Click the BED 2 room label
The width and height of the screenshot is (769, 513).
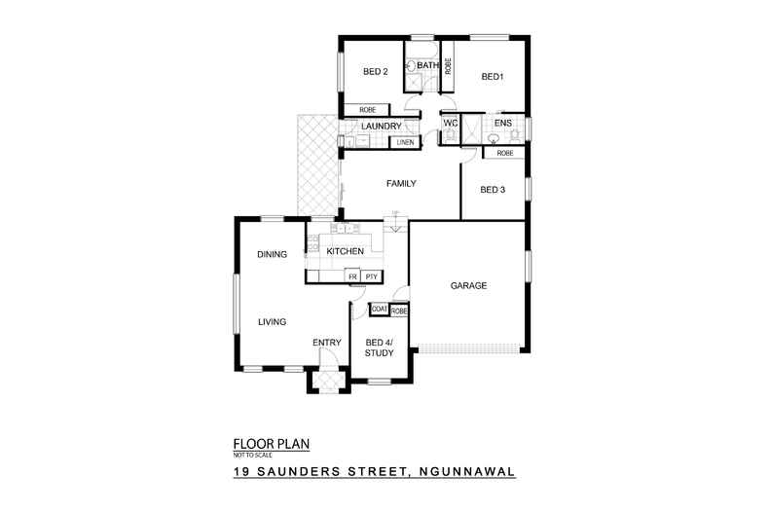pyautogui.click(x=376, y=71)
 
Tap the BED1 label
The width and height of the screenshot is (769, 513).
pyautogui.click(x=491, y=76)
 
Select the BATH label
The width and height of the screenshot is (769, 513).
pyautogui.click(x=426, y=65)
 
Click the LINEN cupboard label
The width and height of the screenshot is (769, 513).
pyautogui.click(x=404, y=143)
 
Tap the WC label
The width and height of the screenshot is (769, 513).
pyautogui.click(x=450, y=125)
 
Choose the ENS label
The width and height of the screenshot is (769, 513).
pyautogui.click(x=503, y=125)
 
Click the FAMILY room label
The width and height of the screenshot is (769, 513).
pyautogui.click(x=401, y=183)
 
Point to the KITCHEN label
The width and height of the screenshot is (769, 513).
pyautogui.click(x=345, y=252)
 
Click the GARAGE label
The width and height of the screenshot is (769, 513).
pyautogui.click(x=467, y=285)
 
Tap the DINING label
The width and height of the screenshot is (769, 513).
pyautogui.click(x=272, y=255)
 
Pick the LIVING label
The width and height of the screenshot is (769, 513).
pyautogui.click(x=272, y=320)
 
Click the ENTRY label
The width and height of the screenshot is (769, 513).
pyautogui.click(x=325, y=343)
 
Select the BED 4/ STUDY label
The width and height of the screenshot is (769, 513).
pyautogui.click(x=379, y=348)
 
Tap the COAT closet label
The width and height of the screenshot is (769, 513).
pyautogui.click(x=380, y=310)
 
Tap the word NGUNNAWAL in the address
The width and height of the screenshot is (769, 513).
pyautogui.click(x=464, y=474)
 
